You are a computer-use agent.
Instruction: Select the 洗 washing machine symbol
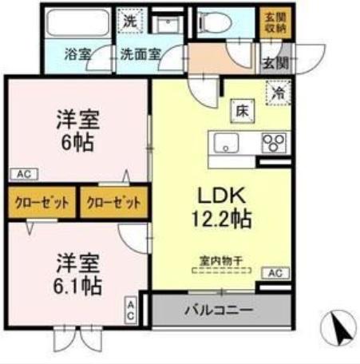[x=129, y=20]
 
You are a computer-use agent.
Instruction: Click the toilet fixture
[x=224, y=24]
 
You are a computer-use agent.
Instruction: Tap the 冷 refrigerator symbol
[x=279, y=93]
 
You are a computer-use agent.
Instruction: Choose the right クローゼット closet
[x=113, y=203]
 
